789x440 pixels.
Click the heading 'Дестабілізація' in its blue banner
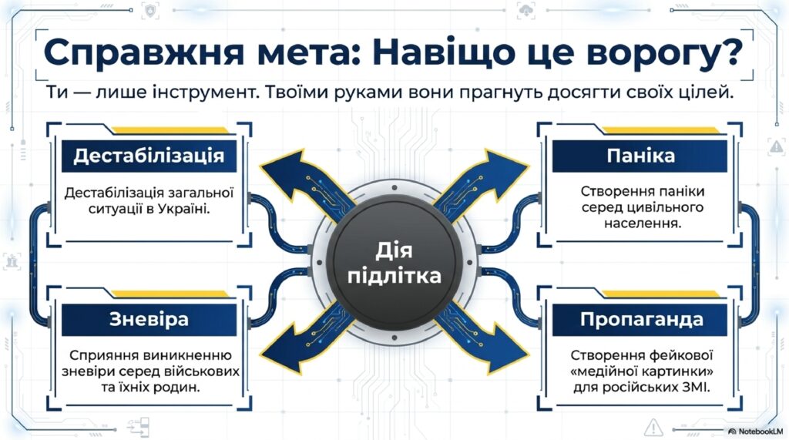point(149,156)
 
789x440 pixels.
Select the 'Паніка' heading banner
point(640,156)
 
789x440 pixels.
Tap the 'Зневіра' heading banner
point(149,320)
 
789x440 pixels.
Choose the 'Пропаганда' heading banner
point(640,320)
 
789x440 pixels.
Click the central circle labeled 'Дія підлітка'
point(394,263)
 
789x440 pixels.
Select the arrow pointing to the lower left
point(304,343)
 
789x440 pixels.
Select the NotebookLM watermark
point(756,432)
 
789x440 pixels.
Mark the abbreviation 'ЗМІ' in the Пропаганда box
point(697,387)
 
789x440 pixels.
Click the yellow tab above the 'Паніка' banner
point(662,130)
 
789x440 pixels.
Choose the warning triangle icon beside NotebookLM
point(653,428)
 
